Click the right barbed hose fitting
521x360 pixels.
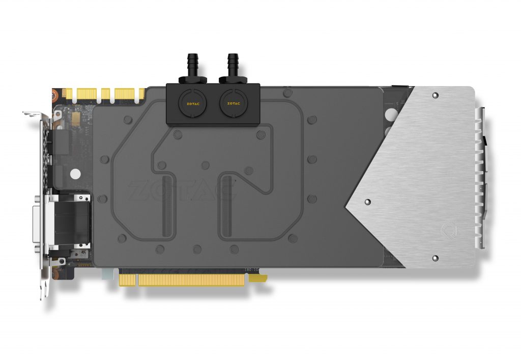tap(233, 66)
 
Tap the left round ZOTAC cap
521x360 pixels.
tap(191, 102)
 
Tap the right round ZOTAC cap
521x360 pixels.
tap(233, 102)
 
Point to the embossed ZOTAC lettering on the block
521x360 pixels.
tap(181, 191)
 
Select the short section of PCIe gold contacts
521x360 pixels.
tap(129, 280)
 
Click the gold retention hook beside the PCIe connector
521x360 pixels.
tap(260, 278)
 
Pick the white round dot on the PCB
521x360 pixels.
tap(75, 174)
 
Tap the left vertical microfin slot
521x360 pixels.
tap(165, 206)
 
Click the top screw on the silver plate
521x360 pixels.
tap(435, 95)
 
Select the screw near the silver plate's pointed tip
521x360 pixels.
tap(367, 202)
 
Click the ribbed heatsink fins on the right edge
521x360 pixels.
tap(479, 178)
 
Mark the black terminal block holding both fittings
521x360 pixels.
tap(213, 103)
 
